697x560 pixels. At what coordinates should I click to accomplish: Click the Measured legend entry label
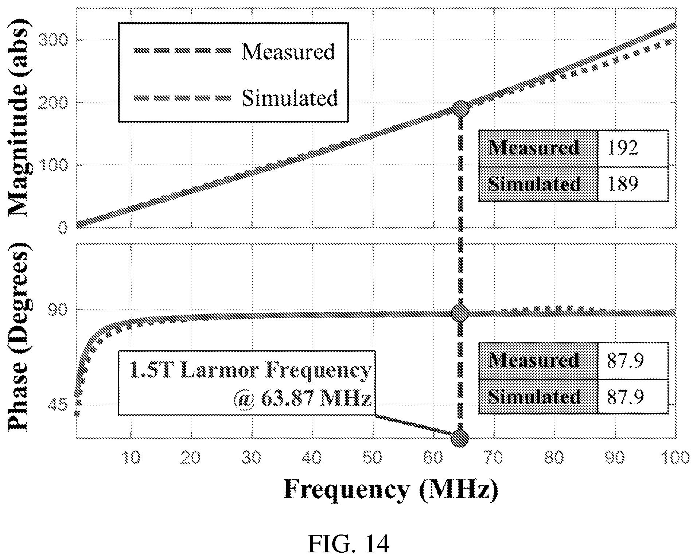(288, 51)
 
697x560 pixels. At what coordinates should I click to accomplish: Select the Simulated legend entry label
(290, 98)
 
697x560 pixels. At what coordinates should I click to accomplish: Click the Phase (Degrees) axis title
(19, 337)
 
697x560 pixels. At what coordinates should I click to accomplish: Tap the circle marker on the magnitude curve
(460, 109)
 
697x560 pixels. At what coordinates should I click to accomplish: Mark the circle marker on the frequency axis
(460, 437)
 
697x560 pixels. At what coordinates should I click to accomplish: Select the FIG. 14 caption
(348, 545)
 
